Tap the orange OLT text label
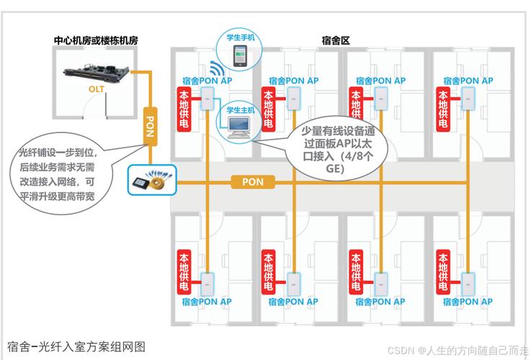click(x=97, y=89)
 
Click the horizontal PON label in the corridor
click(x=252, y=182)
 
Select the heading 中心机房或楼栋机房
click(x=96, y=40)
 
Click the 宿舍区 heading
click(x=336, y=40)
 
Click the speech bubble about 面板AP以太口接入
click(x=335, y=147)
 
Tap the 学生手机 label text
click(x=240, y=37)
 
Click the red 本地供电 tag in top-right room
click(x=441, y=109)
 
